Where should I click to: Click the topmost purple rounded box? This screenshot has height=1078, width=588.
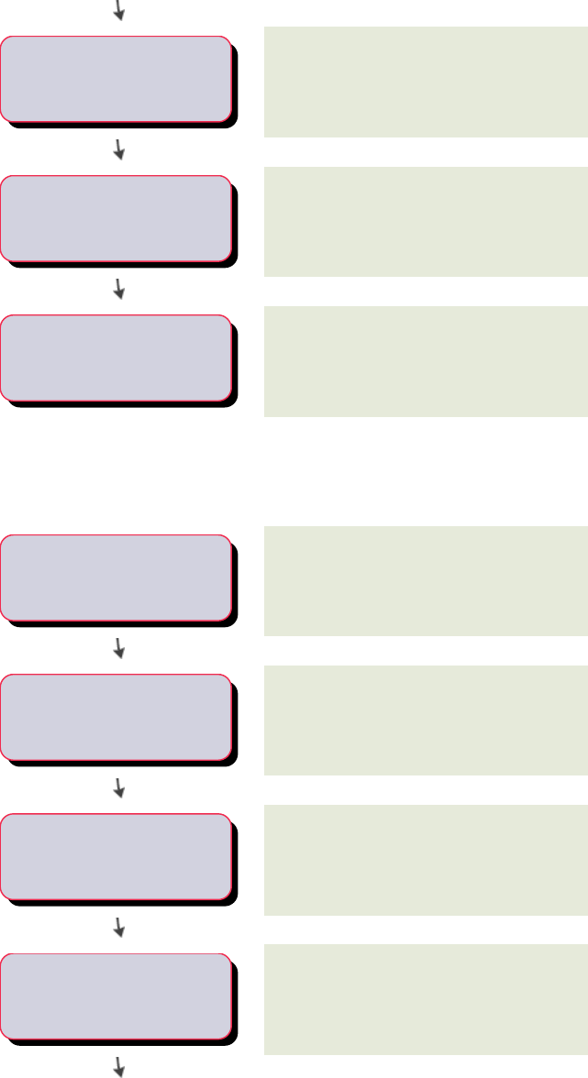coord(116,78)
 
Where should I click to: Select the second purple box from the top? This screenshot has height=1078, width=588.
coord(116,217)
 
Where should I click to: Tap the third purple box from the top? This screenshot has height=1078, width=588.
coord(116,357)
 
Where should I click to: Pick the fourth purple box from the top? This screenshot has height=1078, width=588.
coord(116,577)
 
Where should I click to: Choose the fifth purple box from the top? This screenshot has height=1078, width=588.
coord(116,716)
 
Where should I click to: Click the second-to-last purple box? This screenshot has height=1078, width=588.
coord(116,855)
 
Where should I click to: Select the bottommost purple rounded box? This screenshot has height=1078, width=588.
coord(116,995)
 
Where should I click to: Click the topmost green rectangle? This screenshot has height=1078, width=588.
coord(426,82)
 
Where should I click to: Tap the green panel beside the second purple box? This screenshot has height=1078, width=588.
coord(426,221)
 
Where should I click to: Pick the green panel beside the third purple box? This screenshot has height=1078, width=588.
coord(426,361)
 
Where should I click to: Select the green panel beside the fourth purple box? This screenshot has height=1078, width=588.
coord(426,580)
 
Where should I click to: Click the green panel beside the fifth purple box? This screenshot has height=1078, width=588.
coord(426,720)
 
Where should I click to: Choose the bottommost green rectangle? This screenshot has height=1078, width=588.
coord(426,999)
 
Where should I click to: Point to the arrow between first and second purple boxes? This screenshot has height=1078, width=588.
coord(118,149)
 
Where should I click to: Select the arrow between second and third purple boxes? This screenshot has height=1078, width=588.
coord(118,289)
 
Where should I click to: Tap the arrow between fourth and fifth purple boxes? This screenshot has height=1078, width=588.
coord(118,648)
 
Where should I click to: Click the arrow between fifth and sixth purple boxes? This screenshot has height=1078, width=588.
coord(118,787)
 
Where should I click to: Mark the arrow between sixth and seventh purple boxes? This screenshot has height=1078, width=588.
coord(118,927)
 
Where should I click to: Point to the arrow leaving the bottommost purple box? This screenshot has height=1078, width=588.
coord(118,1065)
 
